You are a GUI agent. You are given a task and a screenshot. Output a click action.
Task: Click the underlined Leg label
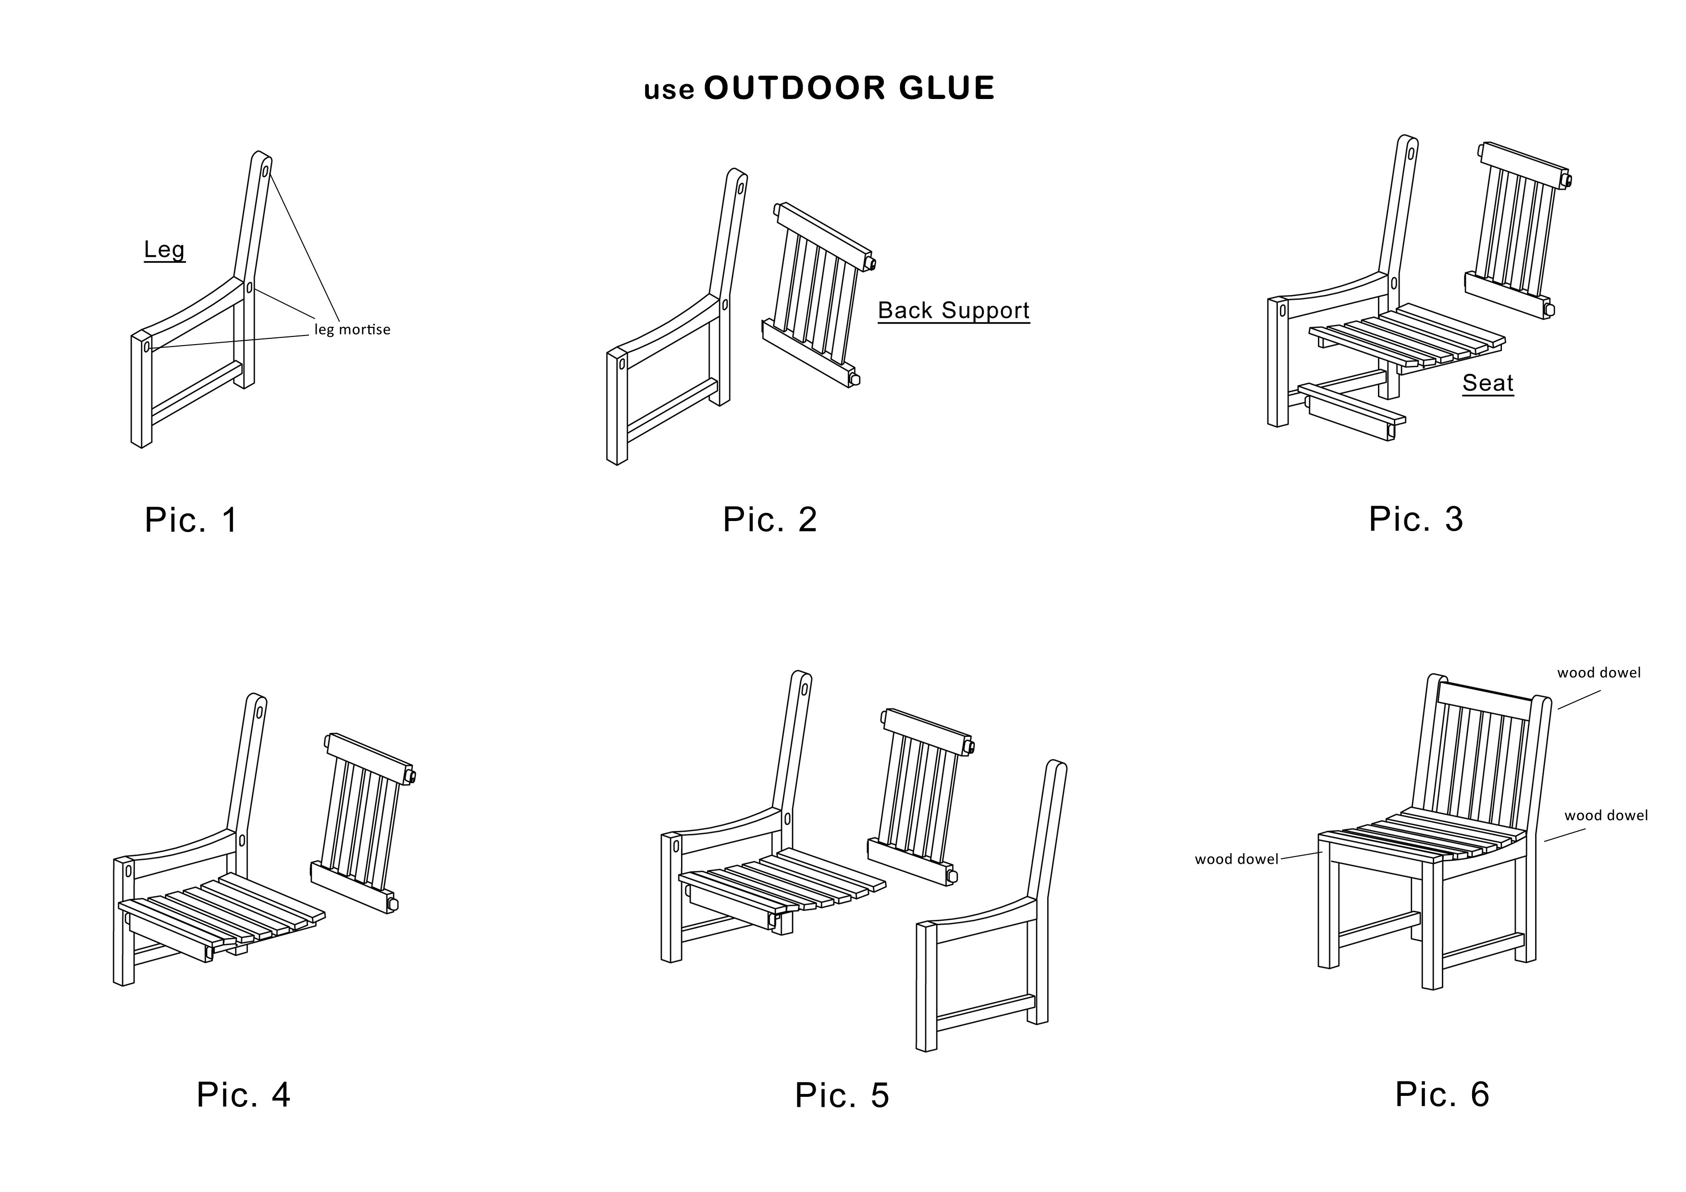coord(164,250)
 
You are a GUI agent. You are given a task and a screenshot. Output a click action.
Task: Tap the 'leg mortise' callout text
coord(352,329)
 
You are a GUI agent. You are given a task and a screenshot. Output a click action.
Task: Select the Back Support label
coord(954,310)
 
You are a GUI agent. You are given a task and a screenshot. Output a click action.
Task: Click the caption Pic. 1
coord(192,520)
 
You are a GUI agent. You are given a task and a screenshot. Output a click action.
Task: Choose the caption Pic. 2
coord(769,520)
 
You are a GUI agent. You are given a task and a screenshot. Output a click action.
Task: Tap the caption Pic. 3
coord(1416,519)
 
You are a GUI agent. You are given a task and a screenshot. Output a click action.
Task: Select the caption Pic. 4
coord(244,1094)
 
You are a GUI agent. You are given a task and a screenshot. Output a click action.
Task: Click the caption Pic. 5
coord(842,1095)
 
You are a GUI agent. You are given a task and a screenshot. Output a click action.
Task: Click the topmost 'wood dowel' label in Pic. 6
coord(1599,673)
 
